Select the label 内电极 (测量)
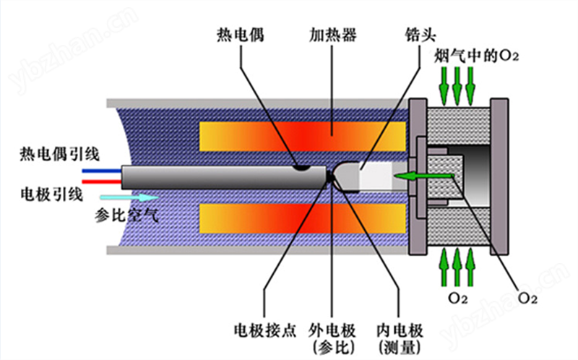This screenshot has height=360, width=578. tap(396, 337)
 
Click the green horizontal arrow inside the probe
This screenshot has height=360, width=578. tap(423, 175)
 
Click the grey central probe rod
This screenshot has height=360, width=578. tap(217, 176)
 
